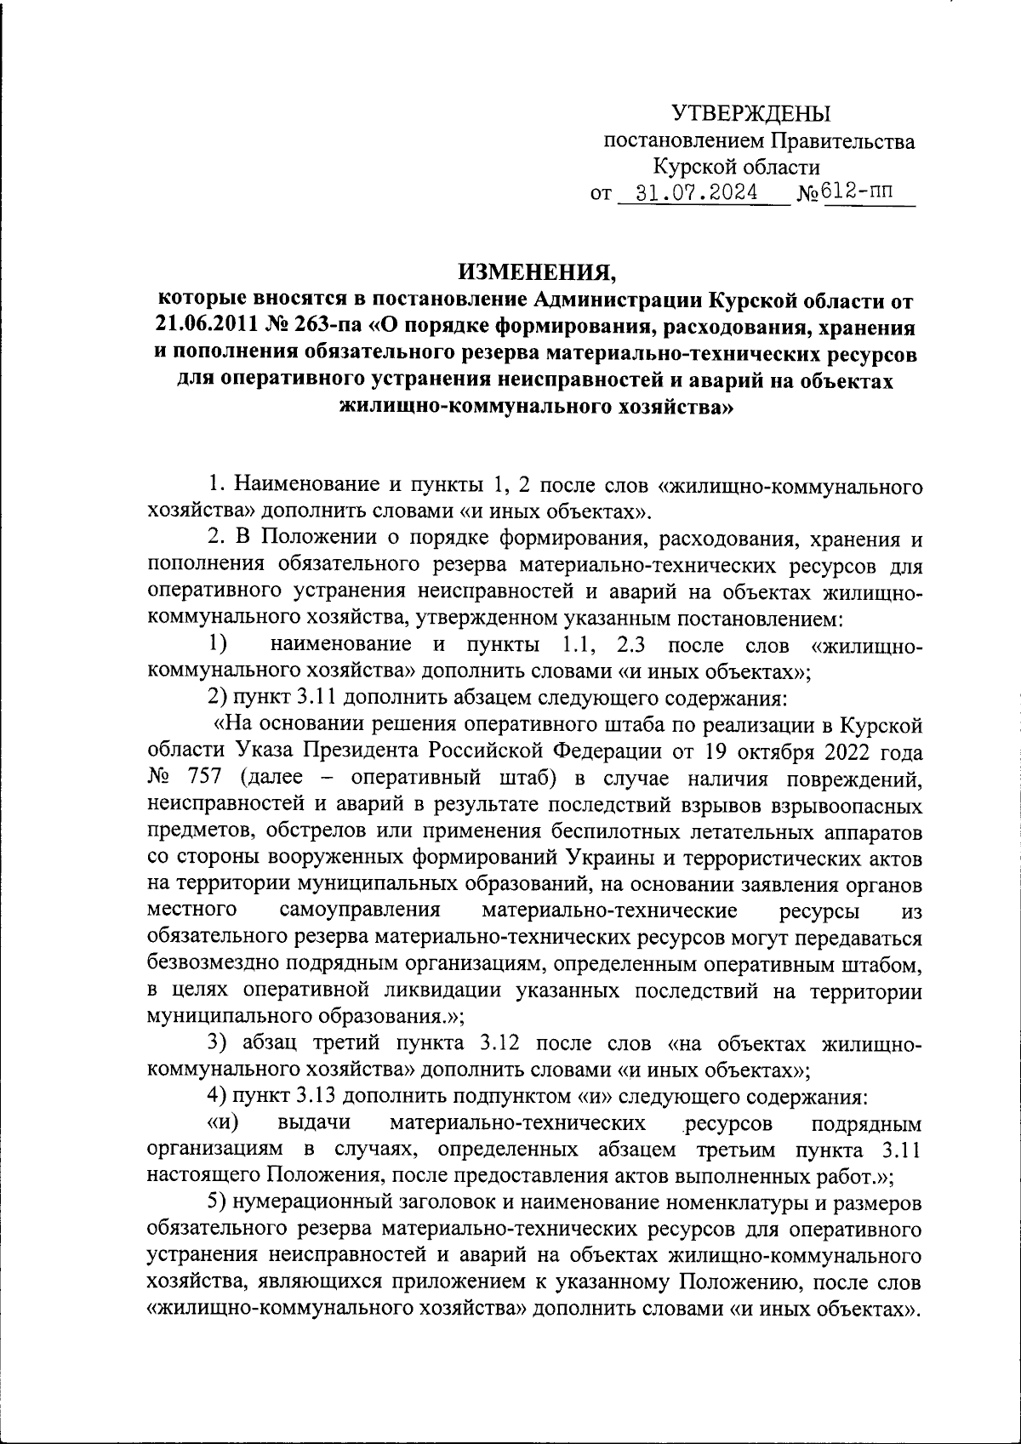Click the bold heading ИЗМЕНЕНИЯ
[x=536, y=273]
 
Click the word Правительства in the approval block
[x=844, y=141]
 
